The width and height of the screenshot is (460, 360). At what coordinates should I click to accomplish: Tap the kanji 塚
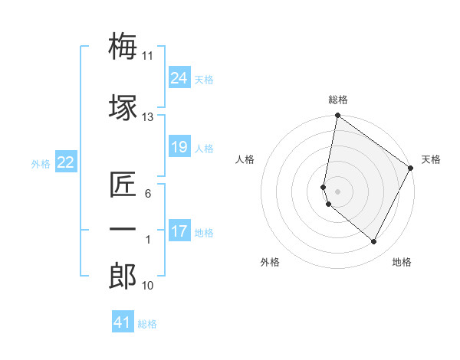tap(123, 106)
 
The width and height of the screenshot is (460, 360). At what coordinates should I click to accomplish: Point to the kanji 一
tap(123, 229)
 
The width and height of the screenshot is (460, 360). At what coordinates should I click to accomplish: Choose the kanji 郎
tap(123, 277)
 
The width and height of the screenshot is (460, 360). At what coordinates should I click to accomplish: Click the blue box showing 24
tap(179, 78)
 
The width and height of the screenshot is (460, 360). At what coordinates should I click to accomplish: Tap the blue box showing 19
tap(179, 147)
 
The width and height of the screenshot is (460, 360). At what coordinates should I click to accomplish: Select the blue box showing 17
tap(179, 231)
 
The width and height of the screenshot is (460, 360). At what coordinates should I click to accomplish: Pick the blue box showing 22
tap(65, 162)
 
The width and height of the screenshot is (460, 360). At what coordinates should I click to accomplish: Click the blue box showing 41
tap(123, 322)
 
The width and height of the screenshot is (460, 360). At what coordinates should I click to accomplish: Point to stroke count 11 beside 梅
tap(147, 56)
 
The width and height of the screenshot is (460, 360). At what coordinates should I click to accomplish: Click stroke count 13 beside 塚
tap(147, 117)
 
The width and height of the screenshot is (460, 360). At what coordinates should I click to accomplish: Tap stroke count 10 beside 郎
tap(147, 286)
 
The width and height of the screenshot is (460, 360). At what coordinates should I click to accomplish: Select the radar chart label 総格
tap(338, 100)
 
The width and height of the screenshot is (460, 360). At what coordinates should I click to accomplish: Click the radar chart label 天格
tap(431, 159)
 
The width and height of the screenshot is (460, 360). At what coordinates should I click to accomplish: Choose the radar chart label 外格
tap(270, 262)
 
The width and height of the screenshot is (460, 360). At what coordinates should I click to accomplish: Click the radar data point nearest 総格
tap(337, 116)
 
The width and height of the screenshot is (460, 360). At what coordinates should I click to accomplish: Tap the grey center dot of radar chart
tap(337, 191)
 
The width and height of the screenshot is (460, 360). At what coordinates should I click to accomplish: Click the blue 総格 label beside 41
tap(147, 324)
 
